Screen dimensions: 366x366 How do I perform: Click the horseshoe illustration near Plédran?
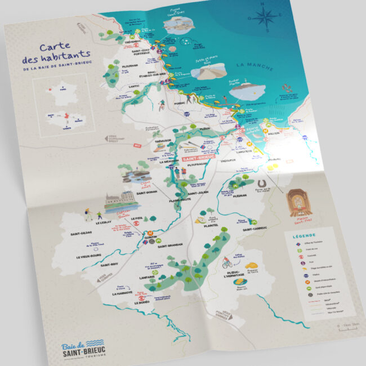pyautogui.click(x=260, y=184)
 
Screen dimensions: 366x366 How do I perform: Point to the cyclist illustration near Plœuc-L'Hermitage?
pyautogui.click(x=227, y=262)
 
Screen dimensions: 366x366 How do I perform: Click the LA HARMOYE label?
pyautogui.click(x=122, y=293)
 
